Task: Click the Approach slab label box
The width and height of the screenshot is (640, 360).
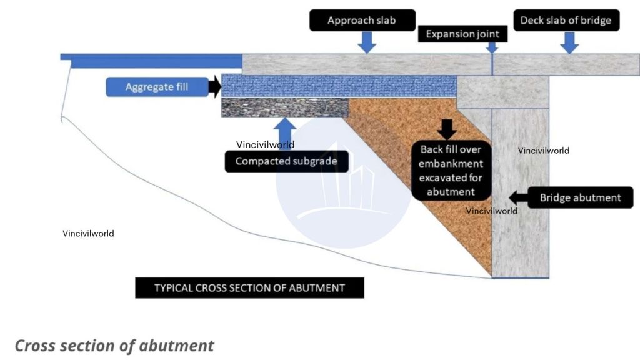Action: [x=362, y=21]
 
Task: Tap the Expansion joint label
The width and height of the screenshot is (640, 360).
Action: [x=462, y=34]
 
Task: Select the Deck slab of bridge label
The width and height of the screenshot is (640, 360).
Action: [x=566, y=21]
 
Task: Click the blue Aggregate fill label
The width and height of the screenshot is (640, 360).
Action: [x=157, y=87]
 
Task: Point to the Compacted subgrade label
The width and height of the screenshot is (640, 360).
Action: [x=286, y=161]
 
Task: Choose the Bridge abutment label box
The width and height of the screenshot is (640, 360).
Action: [x=581, y=197]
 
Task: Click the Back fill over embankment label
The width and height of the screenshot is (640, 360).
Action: [x=451, y=171]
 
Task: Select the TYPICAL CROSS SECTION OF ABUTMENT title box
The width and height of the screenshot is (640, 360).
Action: [x=249, y=288]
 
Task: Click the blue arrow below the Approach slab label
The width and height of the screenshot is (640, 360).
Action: [x=367, y=42]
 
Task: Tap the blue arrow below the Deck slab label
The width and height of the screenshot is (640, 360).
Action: [x=569, y=42]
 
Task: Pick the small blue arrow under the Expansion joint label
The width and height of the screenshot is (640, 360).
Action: [x=492, y=47]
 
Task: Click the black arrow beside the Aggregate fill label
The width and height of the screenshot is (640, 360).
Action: [x=215, y=87]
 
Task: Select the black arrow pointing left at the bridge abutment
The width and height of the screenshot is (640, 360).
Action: [x=517, y=197]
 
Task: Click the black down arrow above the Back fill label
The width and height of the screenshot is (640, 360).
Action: [x=447, y=129]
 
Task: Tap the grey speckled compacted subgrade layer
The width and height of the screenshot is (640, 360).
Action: [x=284, y=107]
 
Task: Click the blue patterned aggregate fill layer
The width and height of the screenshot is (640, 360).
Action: [x=337, y=86]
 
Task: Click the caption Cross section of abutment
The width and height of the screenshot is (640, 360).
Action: [x=114, y=346]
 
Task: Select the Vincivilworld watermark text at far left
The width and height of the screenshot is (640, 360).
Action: [x=88, y=234]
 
